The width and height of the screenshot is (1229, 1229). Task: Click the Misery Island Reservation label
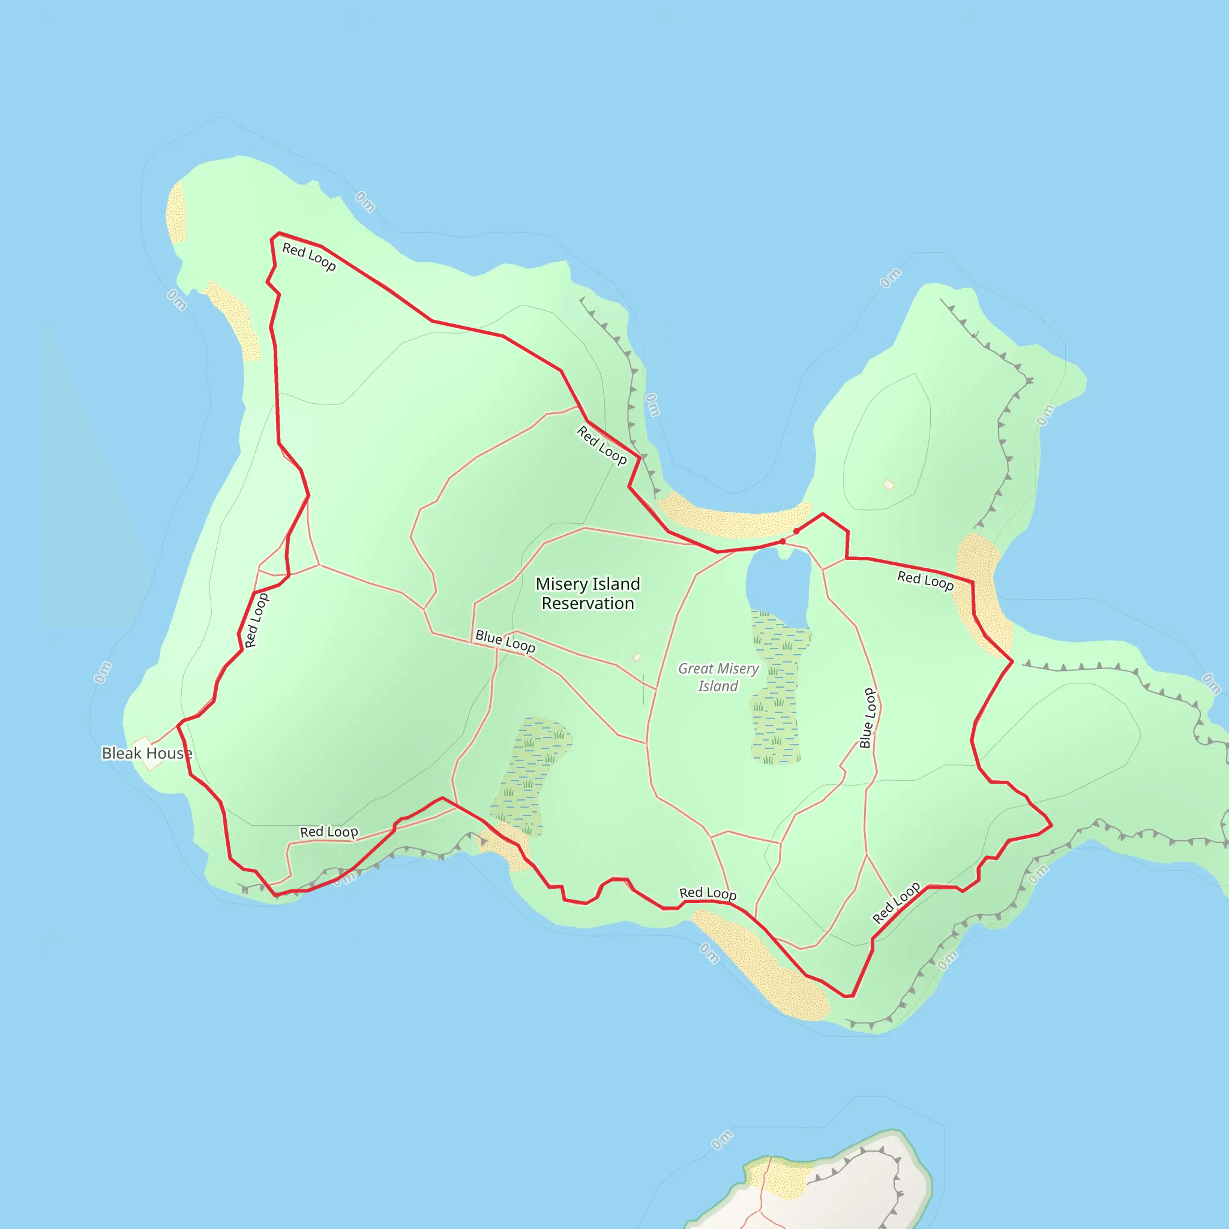[587, 593]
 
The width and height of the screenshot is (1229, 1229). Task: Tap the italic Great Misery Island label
[718, 677]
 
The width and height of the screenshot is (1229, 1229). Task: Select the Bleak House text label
[147, 753]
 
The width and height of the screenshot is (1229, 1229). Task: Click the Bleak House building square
[148, 754]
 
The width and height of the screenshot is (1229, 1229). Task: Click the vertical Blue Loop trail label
[868, 718]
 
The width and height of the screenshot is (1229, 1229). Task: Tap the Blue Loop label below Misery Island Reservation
[505, 642]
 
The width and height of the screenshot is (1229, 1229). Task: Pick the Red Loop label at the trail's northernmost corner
[309, 257]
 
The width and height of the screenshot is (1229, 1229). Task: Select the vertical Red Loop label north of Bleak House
[256, 621]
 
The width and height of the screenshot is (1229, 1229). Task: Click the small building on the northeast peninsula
[889, 485]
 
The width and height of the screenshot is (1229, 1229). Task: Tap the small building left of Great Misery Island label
[637, 657]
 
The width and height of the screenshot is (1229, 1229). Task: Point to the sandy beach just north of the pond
[732, 518]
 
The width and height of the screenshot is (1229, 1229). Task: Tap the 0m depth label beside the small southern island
[722, 1140]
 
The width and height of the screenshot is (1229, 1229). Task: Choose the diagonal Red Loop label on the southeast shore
[896, 902]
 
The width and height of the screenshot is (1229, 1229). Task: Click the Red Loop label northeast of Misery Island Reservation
[602, 445]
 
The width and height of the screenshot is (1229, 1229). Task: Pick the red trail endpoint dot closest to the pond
[783, 541]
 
